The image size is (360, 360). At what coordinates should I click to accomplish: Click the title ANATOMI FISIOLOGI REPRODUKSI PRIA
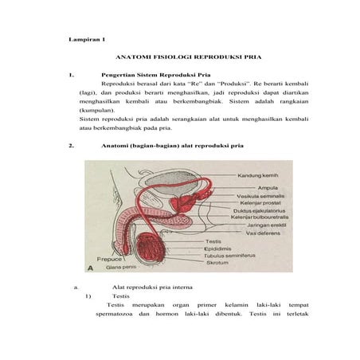(189, 58)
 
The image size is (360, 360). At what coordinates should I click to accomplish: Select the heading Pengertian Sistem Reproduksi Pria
(151, 76)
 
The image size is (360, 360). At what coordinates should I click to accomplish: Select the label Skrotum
(217, 262)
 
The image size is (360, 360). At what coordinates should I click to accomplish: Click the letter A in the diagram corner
(101, 268)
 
